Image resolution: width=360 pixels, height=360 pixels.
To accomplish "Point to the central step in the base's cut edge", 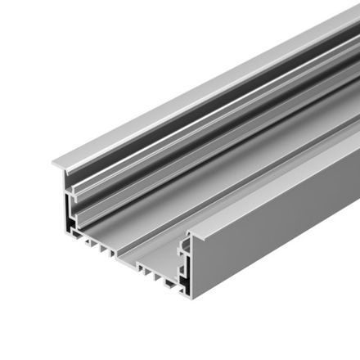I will click(131, 262).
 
